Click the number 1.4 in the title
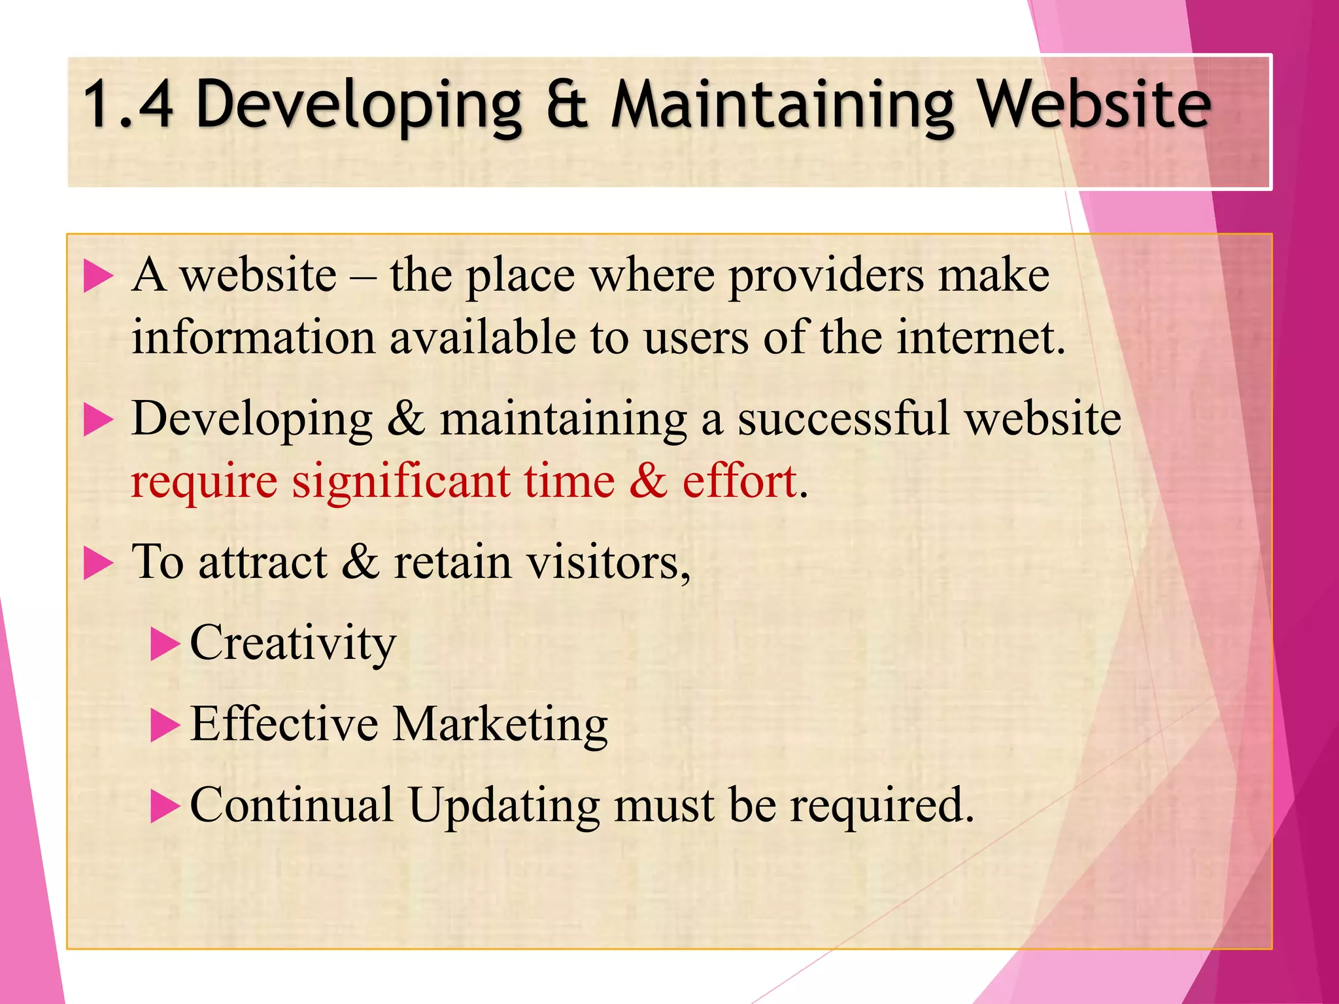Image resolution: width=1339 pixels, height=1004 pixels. [x=128, y=105]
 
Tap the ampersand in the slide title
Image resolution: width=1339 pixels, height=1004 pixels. [x=566, y=105]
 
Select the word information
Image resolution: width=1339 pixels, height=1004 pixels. [x=253, y=339]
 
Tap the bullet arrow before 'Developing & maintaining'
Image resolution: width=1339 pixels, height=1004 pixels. [x=99, y=420]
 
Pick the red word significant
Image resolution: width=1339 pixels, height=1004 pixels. [x=400, y=482]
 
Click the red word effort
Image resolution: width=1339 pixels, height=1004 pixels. [x=739, y=482]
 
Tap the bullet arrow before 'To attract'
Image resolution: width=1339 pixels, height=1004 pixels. [x=99, y=564]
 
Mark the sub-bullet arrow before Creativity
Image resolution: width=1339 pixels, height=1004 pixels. [x=164, y=644]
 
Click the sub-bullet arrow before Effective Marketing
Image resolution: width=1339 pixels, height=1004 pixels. [x=164, y=726]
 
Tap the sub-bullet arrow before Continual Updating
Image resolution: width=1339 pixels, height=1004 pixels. [x=164, y=807]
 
